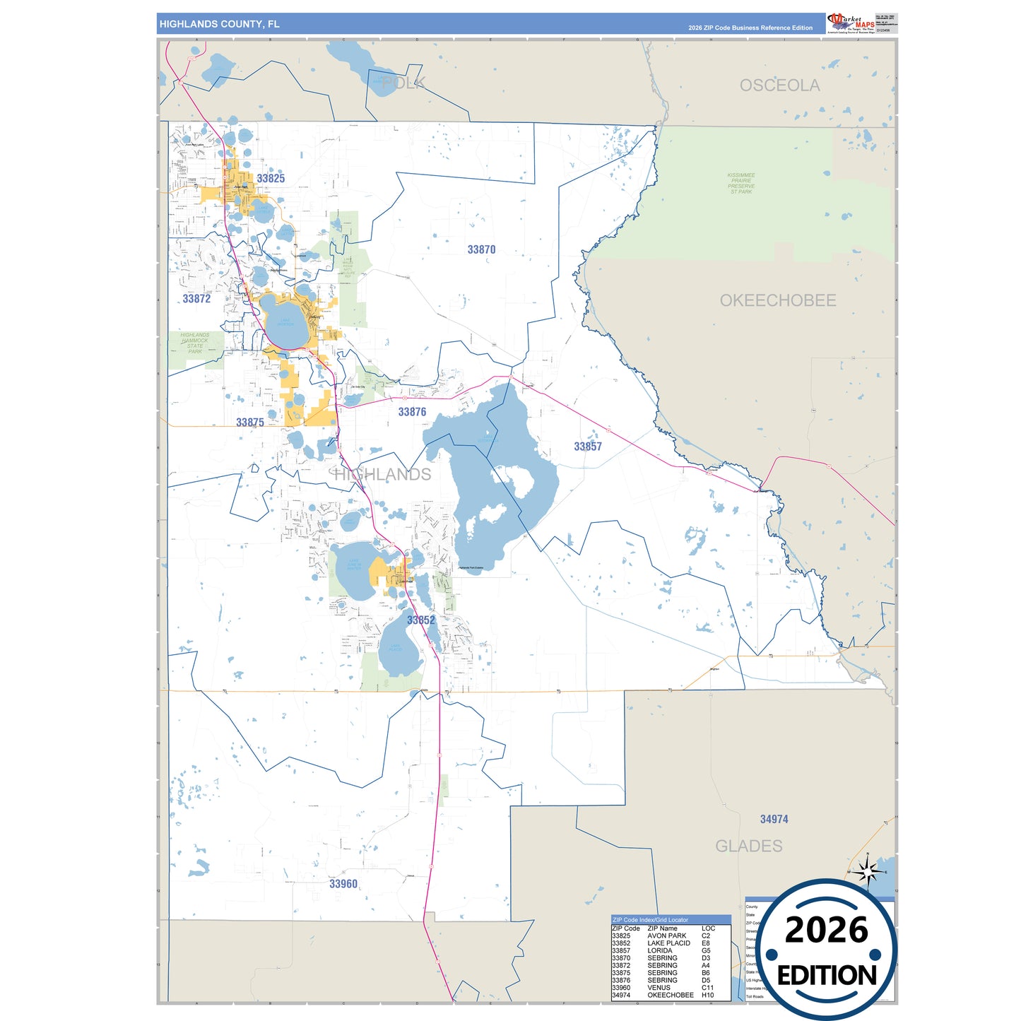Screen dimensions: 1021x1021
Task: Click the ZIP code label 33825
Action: point(271,179)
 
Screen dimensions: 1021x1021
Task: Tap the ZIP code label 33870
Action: point(481,250)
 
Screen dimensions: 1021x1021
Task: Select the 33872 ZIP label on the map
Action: point(196,299)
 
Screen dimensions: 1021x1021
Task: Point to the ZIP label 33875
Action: point(250,423)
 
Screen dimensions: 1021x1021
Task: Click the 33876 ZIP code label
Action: point(412,412)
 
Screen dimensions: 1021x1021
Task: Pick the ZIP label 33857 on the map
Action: point(588,447)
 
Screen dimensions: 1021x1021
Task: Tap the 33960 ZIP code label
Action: point(343,884)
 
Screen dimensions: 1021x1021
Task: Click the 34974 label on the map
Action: point(774,820)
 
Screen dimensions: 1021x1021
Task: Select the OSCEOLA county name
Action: point(779,85)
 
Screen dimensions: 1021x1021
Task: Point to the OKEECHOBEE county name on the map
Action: point(778,300)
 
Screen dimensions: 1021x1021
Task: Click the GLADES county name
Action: point(749,846)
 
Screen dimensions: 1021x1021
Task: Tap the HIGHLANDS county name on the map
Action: point(382,475)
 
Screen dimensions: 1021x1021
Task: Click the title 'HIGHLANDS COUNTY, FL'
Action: point(219,24)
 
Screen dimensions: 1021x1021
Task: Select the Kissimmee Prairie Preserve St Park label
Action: point(741,183)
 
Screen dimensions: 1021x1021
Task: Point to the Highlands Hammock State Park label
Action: point(194,343)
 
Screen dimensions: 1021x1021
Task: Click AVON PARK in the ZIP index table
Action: point(666,936)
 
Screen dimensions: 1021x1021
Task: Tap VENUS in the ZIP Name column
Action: point(659,988)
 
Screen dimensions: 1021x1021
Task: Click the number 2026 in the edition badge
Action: point(826,930)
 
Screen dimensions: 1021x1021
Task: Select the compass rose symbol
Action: point(868,873)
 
